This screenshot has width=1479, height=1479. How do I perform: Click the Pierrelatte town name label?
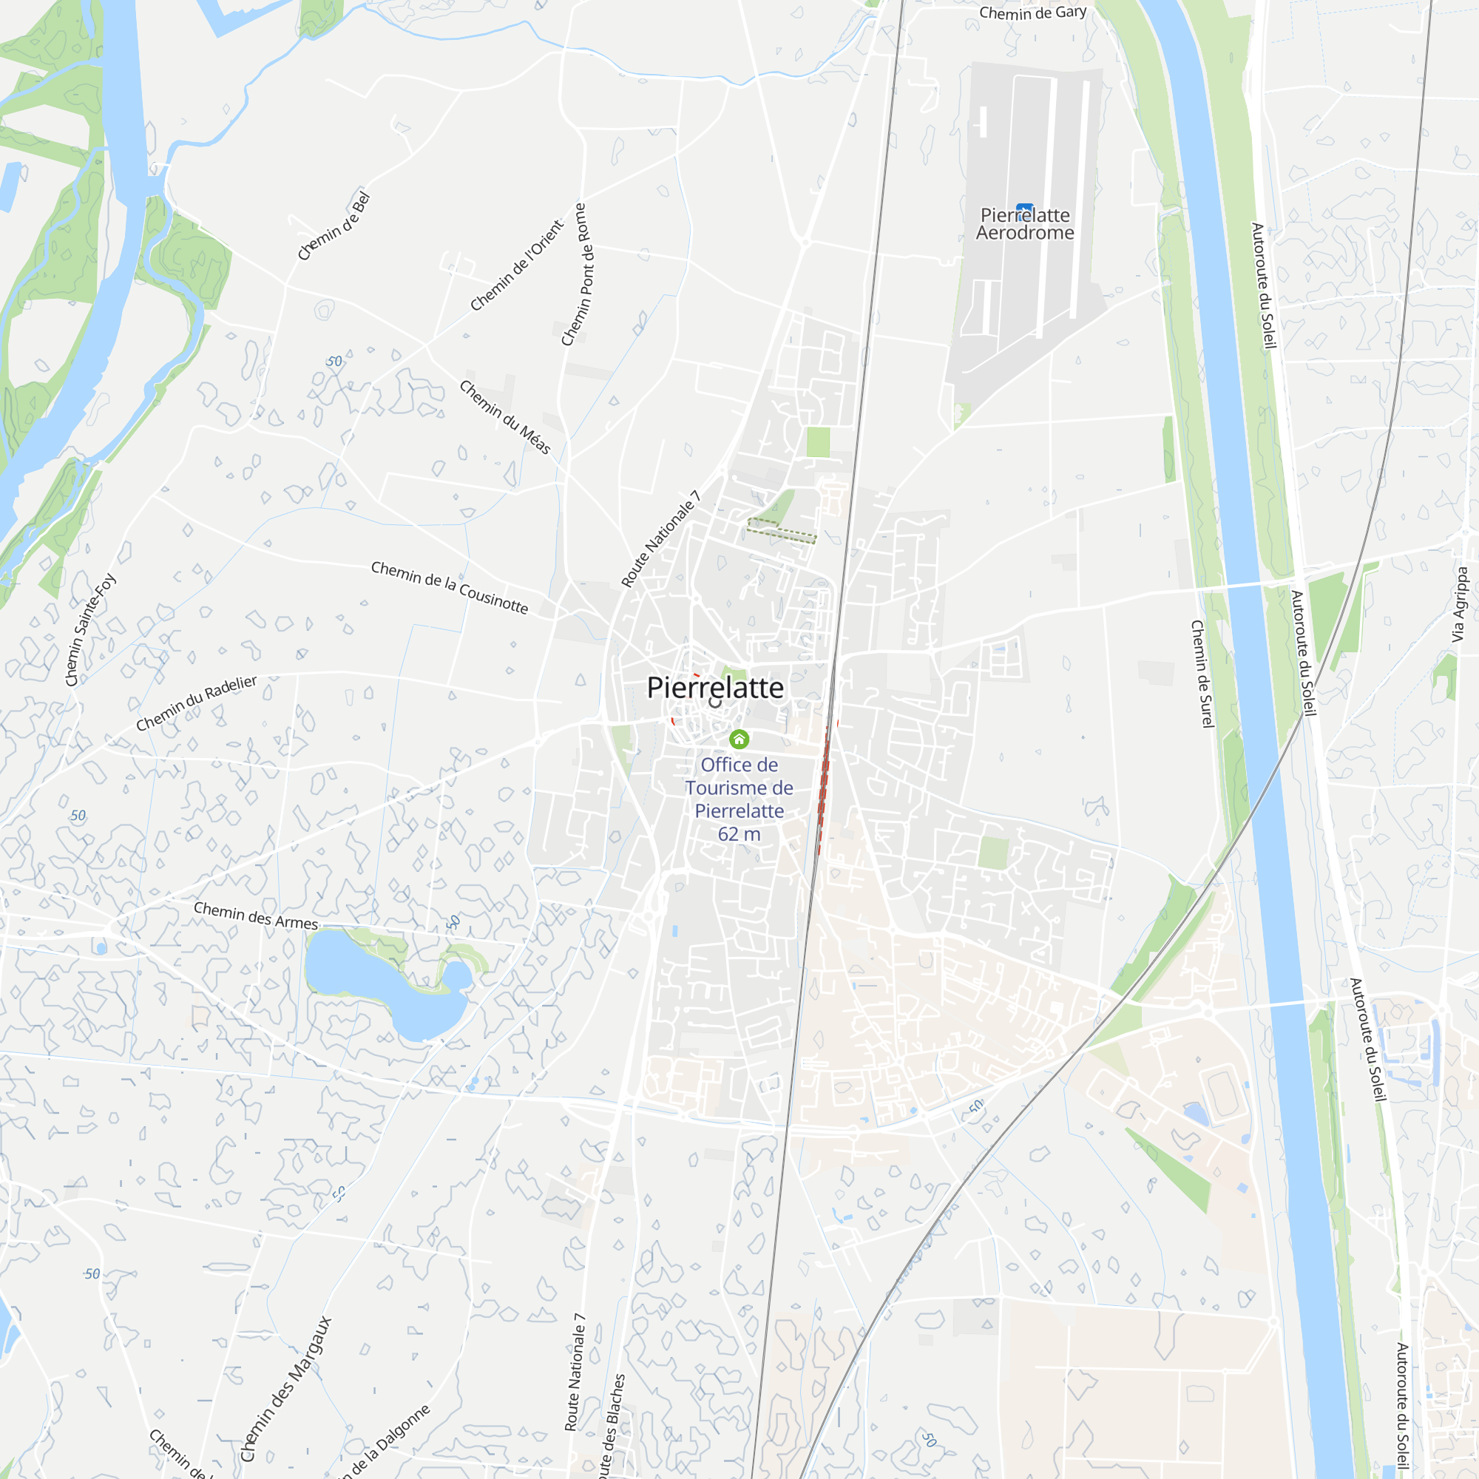pos(715,688)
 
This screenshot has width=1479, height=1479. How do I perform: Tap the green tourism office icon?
pos(739,739)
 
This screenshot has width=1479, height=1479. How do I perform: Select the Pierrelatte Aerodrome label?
pos(1025,224)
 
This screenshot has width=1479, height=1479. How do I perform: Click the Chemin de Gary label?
pos(1032,13)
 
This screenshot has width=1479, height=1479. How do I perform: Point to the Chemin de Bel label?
pos(334,226)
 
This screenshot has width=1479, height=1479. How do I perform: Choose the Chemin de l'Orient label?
pos(517,265)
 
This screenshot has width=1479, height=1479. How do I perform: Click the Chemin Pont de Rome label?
pos(573,274)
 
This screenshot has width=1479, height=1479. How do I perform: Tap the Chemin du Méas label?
pos(505,417)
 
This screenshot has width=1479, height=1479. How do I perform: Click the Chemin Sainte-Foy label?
pos(90,629)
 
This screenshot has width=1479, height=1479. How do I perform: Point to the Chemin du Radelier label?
pos(196,703)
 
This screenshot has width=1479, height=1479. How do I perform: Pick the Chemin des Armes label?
pos(256,916)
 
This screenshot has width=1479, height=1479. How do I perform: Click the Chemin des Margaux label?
pos(286,1389)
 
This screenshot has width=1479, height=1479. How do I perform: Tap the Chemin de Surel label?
pos(1202,674)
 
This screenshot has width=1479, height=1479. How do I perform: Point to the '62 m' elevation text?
pos(739,834)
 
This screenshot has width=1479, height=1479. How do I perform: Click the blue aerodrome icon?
pos(1024,209)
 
